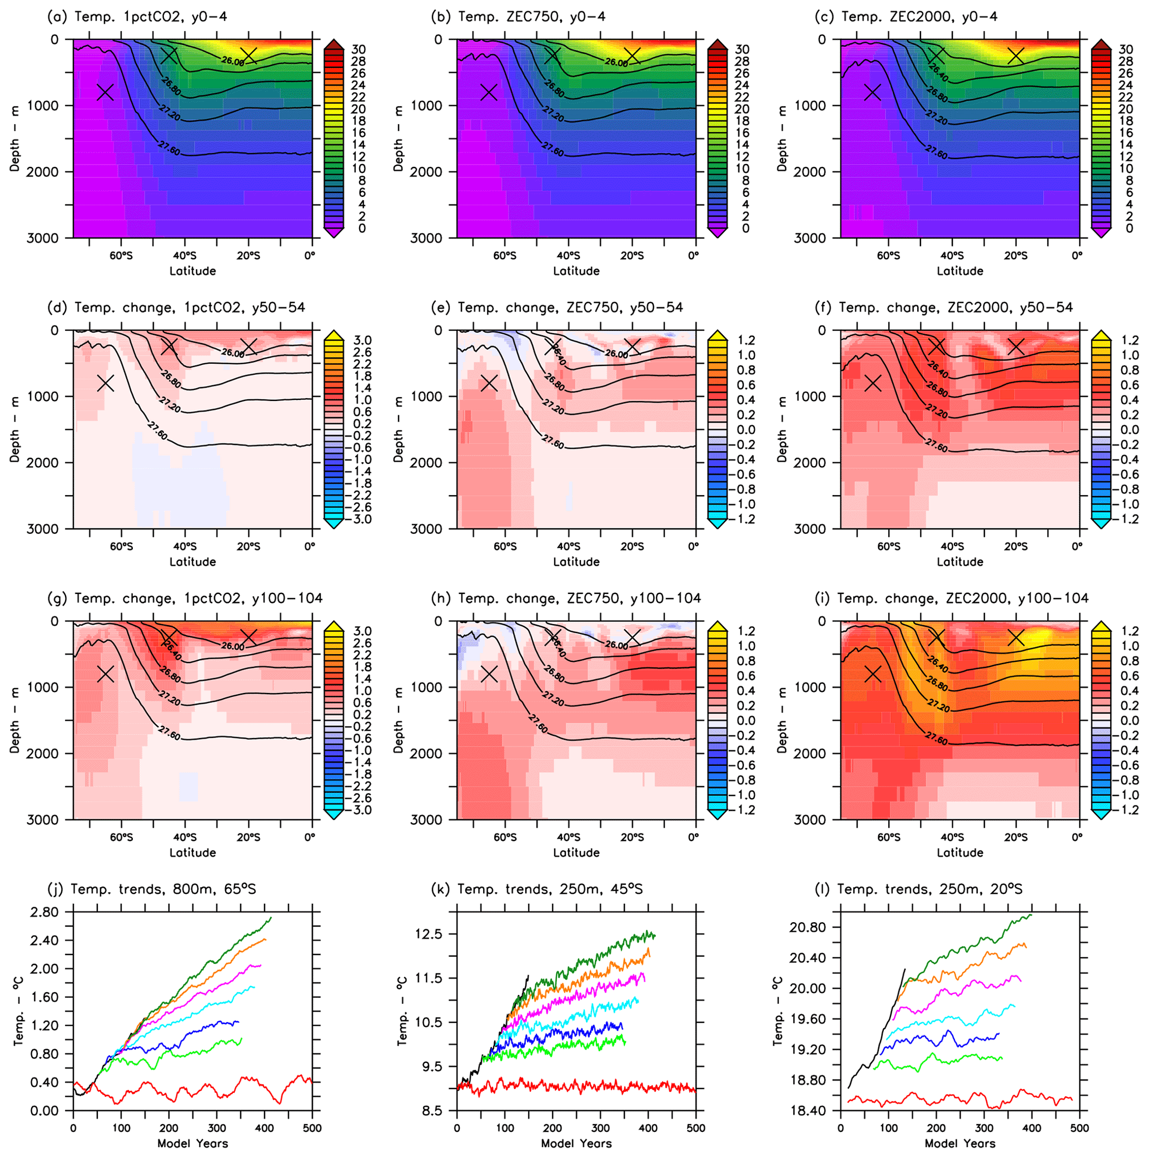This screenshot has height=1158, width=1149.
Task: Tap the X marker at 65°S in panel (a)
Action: pyautogui.click(x=106, y=92)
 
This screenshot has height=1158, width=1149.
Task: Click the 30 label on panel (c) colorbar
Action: pyautogui.click(x=1126, y=50)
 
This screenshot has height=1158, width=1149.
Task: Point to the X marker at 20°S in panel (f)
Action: pyautogui.click(x=1016, y=347)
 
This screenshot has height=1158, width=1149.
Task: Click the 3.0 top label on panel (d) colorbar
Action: pyautogui.click(x=363, y=340)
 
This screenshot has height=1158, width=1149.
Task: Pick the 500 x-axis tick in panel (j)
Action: pyautogui.click(x=312, y=1127)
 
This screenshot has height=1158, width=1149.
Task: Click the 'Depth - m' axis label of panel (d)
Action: pyautogui.click(x=15, y=429)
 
